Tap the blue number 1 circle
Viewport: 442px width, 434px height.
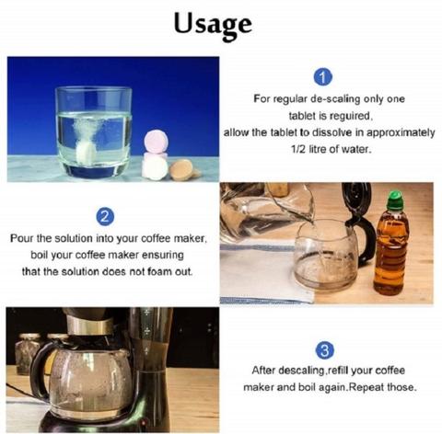click(x=323, y=77)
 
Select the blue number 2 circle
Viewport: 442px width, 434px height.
click(x=105, y=217)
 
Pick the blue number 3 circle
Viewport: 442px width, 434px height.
click(x=325, y=350)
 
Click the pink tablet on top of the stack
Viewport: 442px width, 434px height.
click(x=156, y=142)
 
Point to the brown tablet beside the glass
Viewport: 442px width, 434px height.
click(x=182, y=170)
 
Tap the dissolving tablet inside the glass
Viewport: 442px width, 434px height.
click(x=86, y=152)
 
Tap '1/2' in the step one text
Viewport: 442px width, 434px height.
click(x=298, y=149)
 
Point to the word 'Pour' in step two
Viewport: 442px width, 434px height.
click(x=22, y=238)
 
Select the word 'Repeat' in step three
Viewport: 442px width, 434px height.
click(x=366, y=387)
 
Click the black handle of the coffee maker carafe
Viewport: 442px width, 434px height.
click(x=40, y=371)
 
